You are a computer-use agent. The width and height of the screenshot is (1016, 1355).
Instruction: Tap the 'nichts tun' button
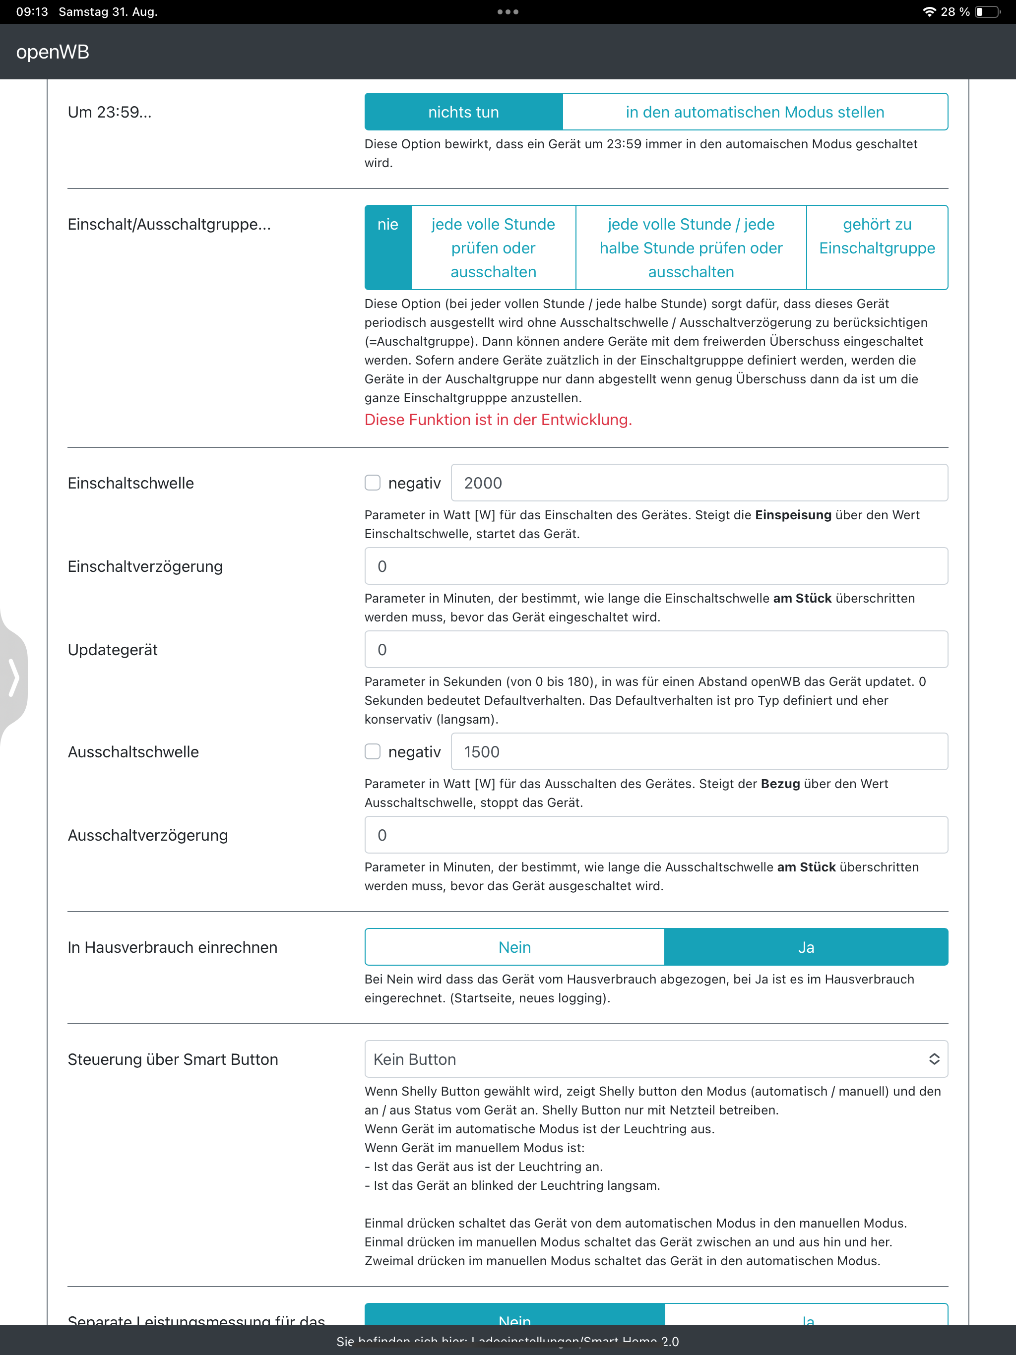click(x=463, y=112)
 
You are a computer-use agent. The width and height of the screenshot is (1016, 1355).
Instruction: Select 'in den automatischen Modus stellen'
click(x=755, y=112)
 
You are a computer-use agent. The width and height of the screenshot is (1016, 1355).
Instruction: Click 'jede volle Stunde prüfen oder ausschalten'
click(x=493, y=247)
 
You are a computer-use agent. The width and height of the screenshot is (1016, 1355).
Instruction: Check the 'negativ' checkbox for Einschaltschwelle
click(x=373, y=483)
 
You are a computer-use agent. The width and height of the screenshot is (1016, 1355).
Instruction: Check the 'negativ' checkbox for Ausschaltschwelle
click(x=373, y=751)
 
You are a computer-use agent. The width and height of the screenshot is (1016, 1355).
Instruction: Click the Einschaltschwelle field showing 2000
click(x=698, y=483)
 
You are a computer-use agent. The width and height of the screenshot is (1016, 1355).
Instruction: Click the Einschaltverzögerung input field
click(x=656, y=566)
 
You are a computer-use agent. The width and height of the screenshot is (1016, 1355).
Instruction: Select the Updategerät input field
click(x=656, y=649)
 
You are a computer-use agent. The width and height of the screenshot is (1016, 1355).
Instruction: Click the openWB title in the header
click(x=53, y=52)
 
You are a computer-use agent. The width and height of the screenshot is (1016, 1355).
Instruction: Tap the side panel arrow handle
click(x=13, y=677)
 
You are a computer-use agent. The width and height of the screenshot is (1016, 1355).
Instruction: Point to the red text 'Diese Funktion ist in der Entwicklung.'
click(x=498, y=420)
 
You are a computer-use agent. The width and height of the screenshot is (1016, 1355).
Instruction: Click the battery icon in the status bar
click(x=987, y=11)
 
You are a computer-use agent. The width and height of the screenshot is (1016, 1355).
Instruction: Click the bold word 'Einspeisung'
click(x=793, y=515)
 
